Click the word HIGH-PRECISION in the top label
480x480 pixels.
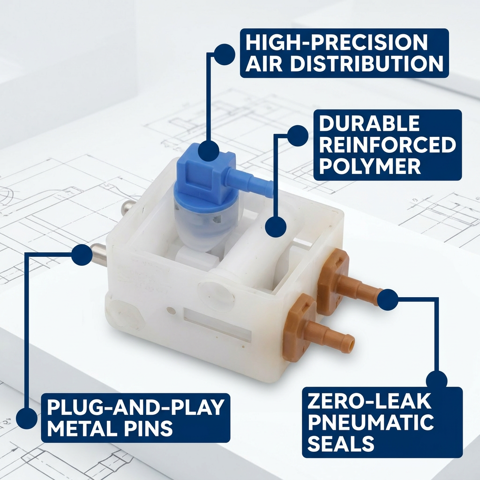pyautogui.click(x=337, y=42)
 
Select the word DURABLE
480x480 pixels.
pyautogui.click(x=369, y=123)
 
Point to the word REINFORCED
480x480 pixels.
pyautogui.click(x=388, y=145)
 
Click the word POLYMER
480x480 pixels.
pyautogui.click(x=370, y=166)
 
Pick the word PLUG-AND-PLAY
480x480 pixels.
pyautogui.click(x=135, y=407)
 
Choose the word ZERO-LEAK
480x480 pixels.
pyautogui.click(x=369, y=401)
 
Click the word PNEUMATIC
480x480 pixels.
pyautogui.click(x=371, y=422)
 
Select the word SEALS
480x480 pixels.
pyautogui.click(x=341, y=443)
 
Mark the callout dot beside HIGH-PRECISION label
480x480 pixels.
pyautogui.click(x=225, y=54)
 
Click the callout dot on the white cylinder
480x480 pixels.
pyautogui.click(x=276, y=227)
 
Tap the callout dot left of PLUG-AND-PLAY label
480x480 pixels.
pyautogui.click(x=27, y=418)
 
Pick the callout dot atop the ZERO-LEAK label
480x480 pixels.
pyautogui.click(x=436, y=382)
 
